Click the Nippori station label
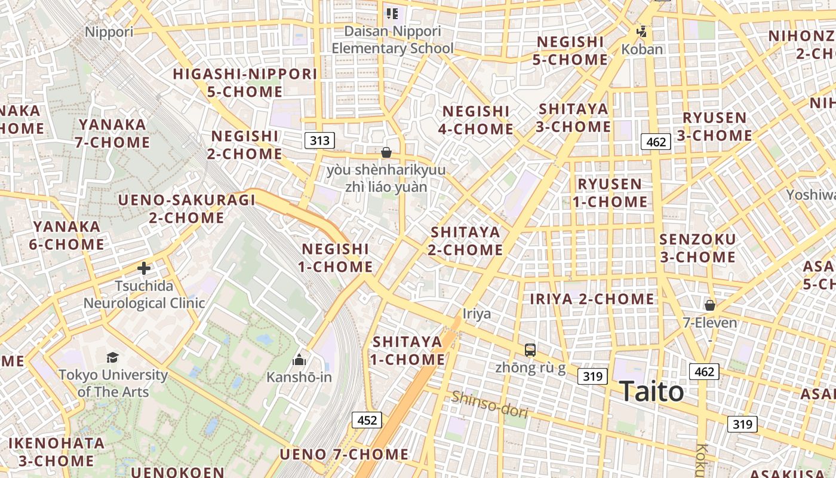[109, 32]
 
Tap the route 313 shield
[319, 141]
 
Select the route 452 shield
[367, 420]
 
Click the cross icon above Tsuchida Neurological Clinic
[143, 268]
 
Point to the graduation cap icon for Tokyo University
[112, 358]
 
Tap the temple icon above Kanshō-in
[299, 360]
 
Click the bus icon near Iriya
[530, 350]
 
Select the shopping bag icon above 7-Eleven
[709, 305]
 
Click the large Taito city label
[651, 392]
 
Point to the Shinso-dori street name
[490, 405]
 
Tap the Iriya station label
[477, 314]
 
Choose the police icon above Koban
[642, 32]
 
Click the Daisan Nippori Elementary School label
[392, 39]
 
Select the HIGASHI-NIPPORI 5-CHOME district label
[245, 83]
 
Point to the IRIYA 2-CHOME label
[592, 299]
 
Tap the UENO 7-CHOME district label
[344, 455]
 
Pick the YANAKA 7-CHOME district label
[112, 133]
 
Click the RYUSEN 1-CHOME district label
[610, 192]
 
